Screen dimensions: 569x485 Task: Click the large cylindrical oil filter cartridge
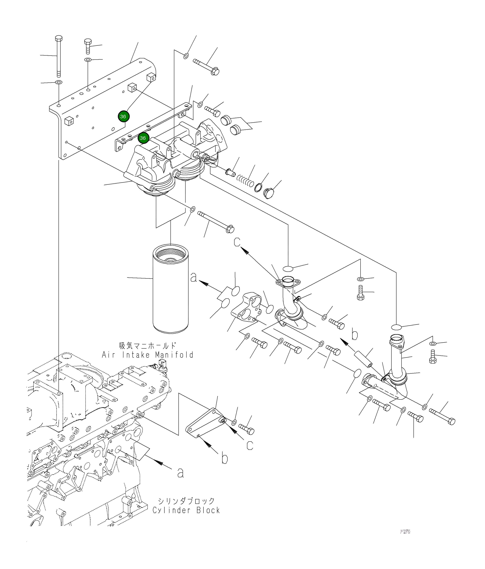click(170, 291)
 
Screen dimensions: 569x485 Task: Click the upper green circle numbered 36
click(123, 116)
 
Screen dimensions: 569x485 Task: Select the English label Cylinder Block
click(186, 510)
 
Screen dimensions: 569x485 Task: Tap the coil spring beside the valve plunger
click(246, 180)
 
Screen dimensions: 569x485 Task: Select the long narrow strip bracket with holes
click(154, 126)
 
